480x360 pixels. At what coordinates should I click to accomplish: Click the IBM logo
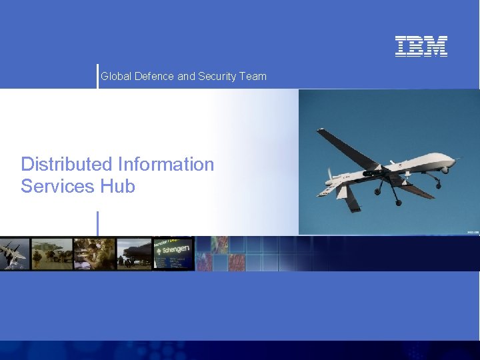tap(421, 46)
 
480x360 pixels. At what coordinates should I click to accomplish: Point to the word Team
tap(253, 77)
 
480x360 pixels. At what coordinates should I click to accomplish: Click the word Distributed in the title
tap(67, 164)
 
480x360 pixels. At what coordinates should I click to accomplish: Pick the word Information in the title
tap(166, 164)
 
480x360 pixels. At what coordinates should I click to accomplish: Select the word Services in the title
tap(58, 186)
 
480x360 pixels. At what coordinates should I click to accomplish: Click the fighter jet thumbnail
tap(15, 254)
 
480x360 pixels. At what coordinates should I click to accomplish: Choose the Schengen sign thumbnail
tap(173, 254)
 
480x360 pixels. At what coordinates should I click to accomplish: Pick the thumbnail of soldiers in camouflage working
tap(93, 254)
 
